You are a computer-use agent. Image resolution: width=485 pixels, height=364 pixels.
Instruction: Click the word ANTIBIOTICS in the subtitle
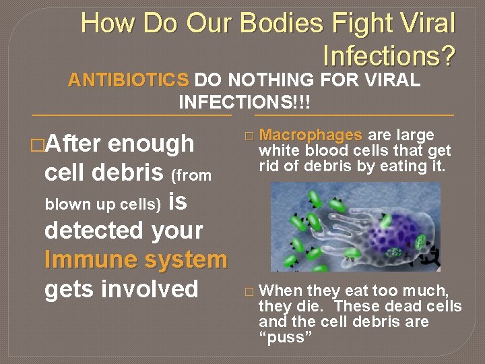click(x=128, y=81)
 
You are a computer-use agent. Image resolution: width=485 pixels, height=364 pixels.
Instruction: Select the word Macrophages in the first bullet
click(x=311, y=135)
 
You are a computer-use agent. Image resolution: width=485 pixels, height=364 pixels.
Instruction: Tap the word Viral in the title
click(x=430, y=24)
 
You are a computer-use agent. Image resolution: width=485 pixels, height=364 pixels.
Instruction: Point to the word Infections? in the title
click(x=389, y=55)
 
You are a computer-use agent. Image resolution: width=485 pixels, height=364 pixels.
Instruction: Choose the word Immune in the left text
click(x=84, y=260)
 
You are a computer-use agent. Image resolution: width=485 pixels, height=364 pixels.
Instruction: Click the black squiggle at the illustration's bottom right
click(x=436, y=256)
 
